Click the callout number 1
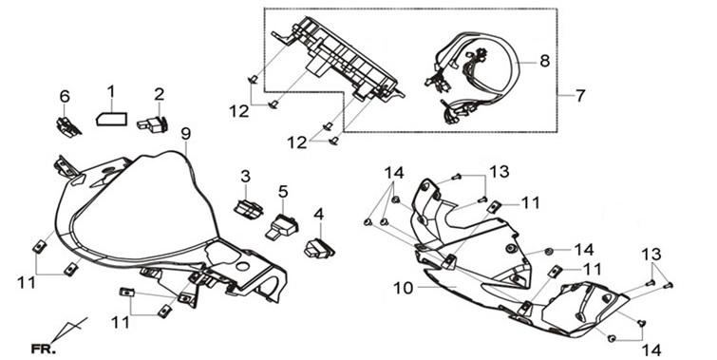(111, 92)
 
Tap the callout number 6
(65, 96)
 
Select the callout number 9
(185, 134)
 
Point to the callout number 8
(544, 61)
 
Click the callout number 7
(580, 96)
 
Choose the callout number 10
(403, 288)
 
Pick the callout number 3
(246, 176)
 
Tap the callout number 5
(283, 192)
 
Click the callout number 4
(319, 214)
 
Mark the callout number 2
(159, 94)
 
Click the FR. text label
(44, 350)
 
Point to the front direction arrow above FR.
(68, 330)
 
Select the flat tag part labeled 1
(111, 119)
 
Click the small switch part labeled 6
(68, 127)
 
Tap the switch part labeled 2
(153, 124)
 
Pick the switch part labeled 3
(248, 209)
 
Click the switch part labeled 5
(281, 226)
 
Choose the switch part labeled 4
(319, 248)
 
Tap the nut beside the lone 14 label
(549, 251)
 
